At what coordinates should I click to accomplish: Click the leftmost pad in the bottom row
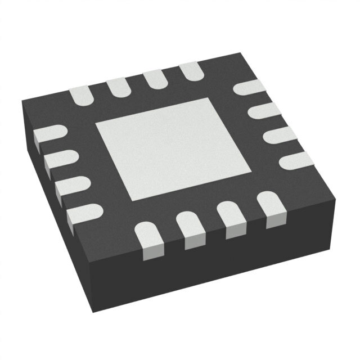(x=151, y=240)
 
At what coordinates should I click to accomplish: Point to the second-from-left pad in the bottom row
(x=191, y=228)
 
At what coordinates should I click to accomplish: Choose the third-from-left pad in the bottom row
(x=231, y=218)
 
